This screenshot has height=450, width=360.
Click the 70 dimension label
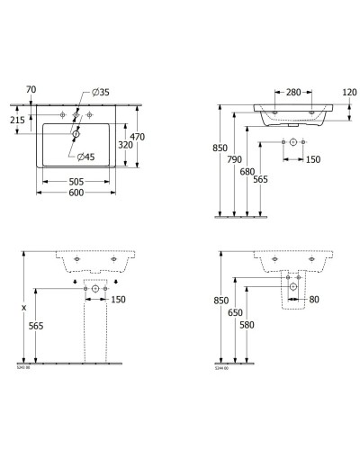(x=31, y=90)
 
